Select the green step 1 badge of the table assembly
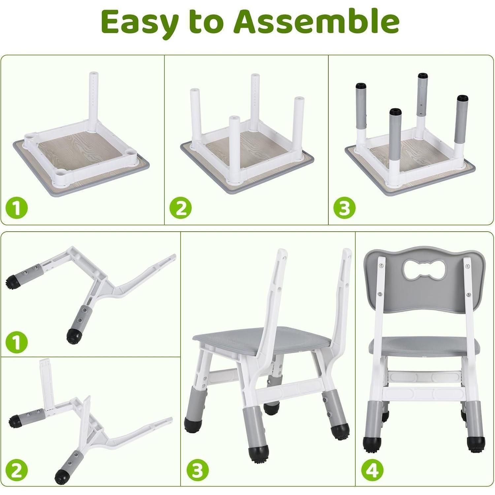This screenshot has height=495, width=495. click(x=16, y=208)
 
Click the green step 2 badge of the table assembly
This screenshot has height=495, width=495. click(x=181, y=208)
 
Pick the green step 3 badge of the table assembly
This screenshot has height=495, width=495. click(x=344, y=208)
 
